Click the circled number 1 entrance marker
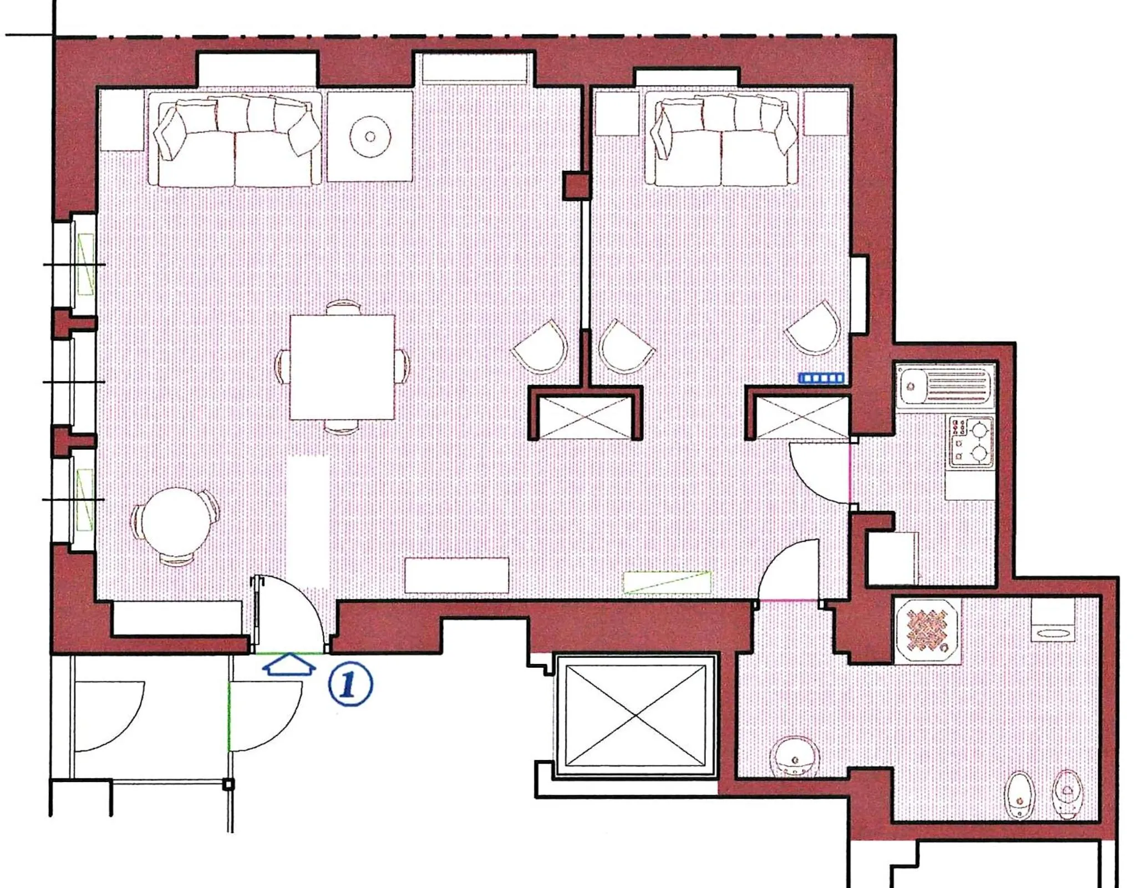[x=350, y=683]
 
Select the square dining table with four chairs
[x=342, y=367]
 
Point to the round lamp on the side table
[x=370, y=136]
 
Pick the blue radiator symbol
[x=821, y=378]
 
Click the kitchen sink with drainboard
[x=945, y=385]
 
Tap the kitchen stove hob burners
[x=972, y=442]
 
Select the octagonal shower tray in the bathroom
[x=927, y=631]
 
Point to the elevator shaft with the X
[x=636, y=716]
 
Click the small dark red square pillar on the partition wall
[x=577, y=185]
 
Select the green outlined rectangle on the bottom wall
[x=667, y=582]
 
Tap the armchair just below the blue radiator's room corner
[x=814, y=330]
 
